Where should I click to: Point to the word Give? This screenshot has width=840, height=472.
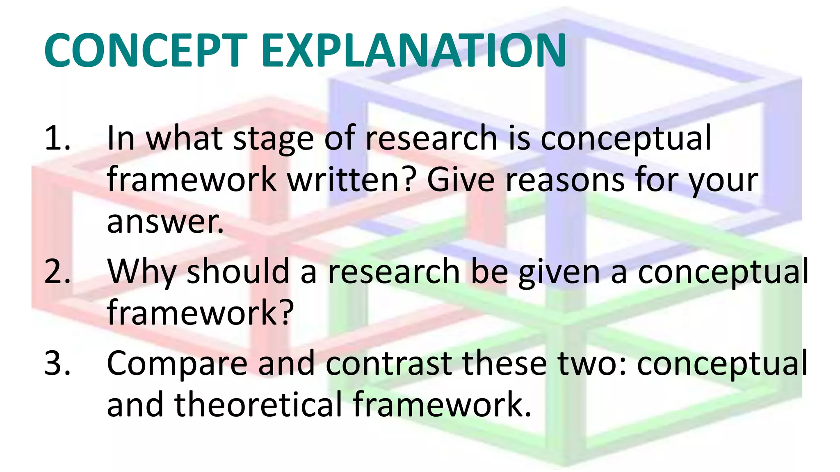461,180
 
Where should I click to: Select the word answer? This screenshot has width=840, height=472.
165,222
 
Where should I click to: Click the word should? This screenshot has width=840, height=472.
238,272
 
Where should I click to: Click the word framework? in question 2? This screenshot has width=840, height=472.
200,313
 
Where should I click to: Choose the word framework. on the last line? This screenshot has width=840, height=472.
442,405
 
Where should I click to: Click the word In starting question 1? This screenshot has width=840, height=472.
121,138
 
